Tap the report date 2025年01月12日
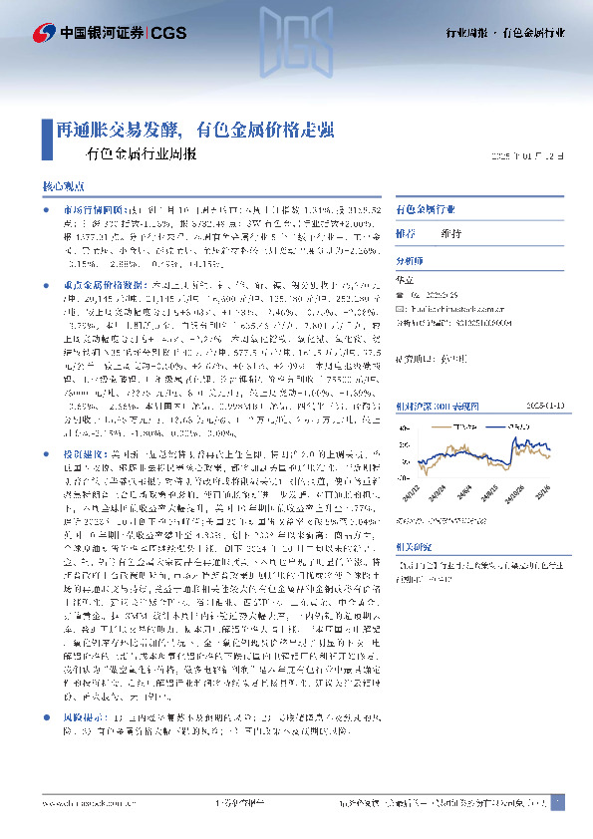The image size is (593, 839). tap(534, 156)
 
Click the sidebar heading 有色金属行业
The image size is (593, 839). tap(426, 211)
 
